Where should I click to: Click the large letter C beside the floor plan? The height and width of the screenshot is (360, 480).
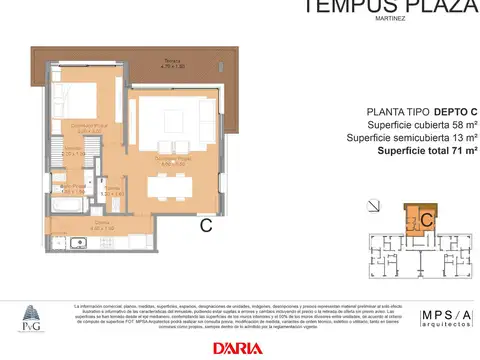pyautogui.click(x=205, y=225)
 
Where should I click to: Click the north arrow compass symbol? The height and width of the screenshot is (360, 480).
pyautogui.click(x=373, y=207)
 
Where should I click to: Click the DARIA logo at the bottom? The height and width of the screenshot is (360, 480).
pyautogui.click(x=238, y=347)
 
